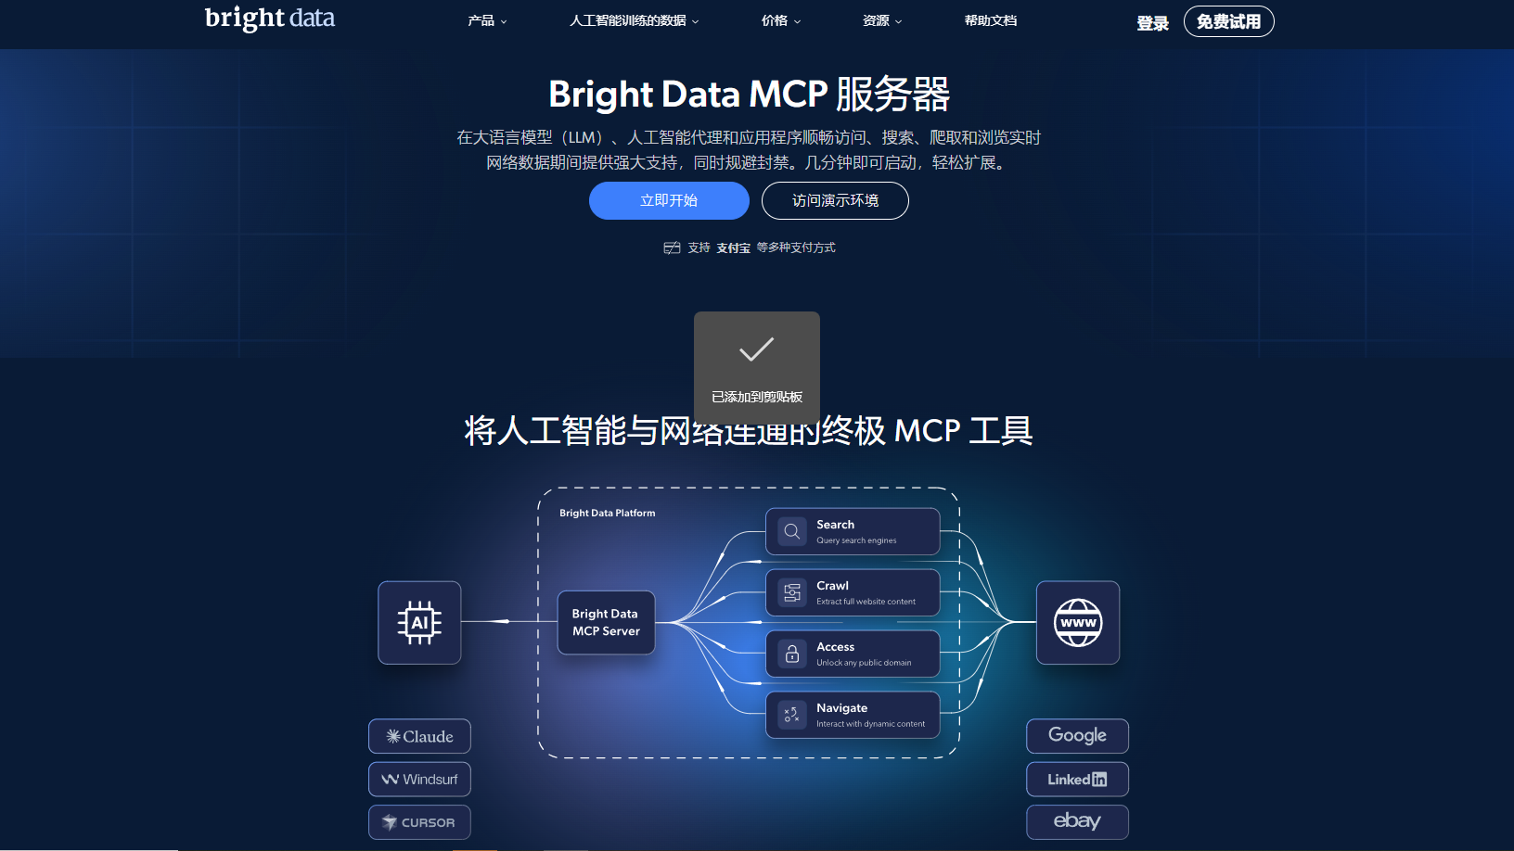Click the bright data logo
tap(270, 19)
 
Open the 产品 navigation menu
tap(487, 20)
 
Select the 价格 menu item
tap(780, 20)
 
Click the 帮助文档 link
tap(990, 20)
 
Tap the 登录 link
tap(1152, 23)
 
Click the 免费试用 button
tap(1228, 21)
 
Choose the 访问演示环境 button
tap(835, 200)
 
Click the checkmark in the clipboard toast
tap(756, 349)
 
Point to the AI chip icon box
tap(419, 622)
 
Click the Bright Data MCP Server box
tap(606, 622)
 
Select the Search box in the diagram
tap(853, 531)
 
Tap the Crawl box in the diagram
tap(853, 592)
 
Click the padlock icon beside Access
tap(792, 654)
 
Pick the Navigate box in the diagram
tap(853, 715)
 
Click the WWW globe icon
tap(1077, 622)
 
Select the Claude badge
tap(419, 736)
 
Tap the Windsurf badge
tap(419, 779)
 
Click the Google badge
tap(1077, 736)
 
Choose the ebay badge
tap(1077, 821)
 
